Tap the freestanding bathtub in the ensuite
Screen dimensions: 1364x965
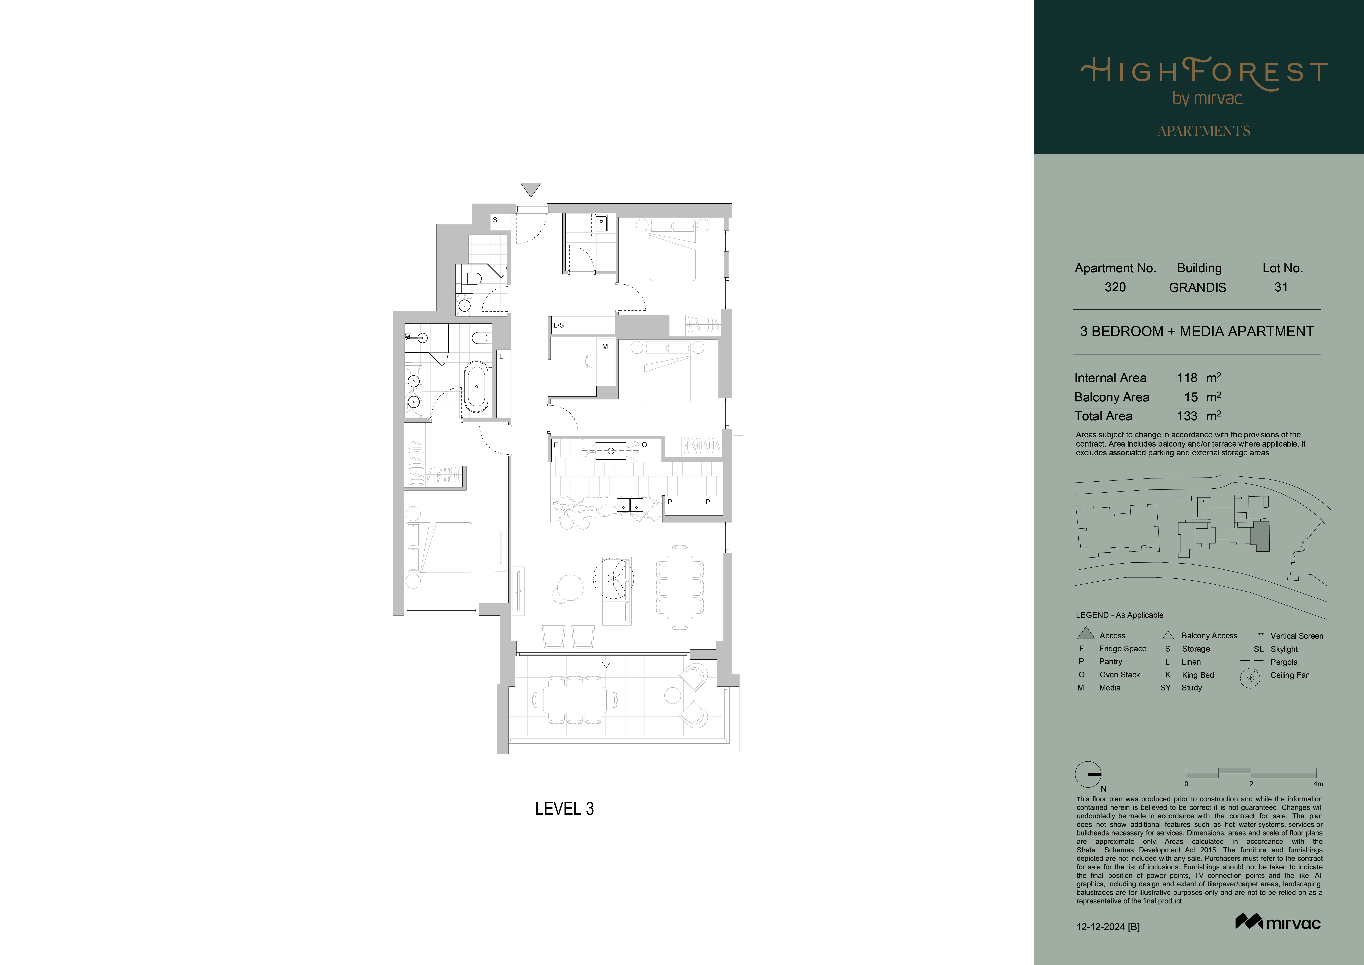point(476,387)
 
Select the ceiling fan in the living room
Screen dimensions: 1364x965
point(613,577)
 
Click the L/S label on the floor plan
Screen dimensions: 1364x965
point(558,325)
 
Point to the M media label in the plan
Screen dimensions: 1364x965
point(605,346)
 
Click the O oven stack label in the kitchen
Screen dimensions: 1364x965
point(644,445)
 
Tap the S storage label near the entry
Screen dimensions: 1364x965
point(495,220)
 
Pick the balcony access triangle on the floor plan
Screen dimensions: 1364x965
point(606,665)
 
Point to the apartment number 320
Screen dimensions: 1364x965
point(1115,287)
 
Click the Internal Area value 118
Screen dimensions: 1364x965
point(1187,378)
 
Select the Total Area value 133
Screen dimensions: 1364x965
point(1187,416)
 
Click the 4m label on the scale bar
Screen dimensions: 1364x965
point(1318,784)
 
